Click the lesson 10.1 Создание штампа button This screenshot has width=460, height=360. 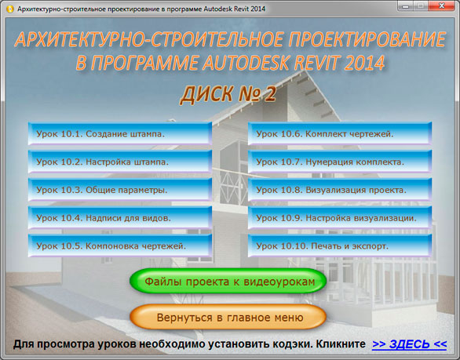tap(120, 133)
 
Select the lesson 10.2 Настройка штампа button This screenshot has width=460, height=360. tap(120, 162)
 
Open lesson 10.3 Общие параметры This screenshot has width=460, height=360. tap(120, 190)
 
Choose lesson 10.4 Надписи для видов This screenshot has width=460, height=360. tap(120, 217)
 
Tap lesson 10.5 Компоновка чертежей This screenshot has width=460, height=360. tap(120, 245)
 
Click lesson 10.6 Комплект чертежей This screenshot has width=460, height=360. tap(340, 133)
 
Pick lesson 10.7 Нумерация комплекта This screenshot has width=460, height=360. tap(340, 162)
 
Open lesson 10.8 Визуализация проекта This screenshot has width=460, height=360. tap(340, 190)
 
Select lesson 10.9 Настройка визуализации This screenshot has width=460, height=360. tap(340, 217)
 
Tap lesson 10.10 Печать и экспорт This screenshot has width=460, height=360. tap(340, 245)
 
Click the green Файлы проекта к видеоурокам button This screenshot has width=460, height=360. tap(228, 281)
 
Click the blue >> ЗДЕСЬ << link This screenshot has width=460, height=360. tap(410, 344)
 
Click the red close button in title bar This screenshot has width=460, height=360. tap(441, 5)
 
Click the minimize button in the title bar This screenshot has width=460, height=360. tap(406, 5)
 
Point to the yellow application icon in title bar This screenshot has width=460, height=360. tap(10, 9)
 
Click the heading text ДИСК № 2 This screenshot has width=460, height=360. tap(228, 94)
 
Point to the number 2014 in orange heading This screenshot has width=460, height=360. tap(364, 63)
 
